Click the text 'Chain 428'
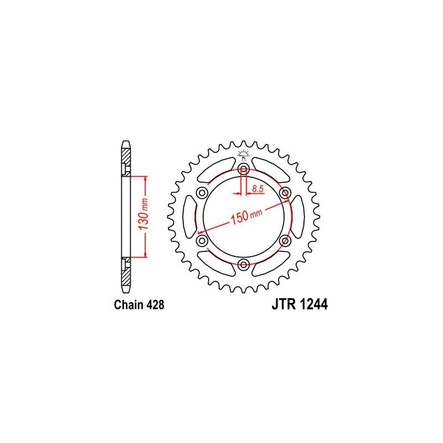139,305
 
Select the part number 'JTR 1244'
300,305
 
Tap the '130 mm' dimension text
145,214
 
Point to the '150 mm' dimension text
246,215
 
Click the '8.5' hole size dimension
258,189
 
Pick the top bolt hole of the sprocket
243,170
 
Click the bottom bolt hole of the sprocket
243,265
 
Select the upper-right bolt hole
285,193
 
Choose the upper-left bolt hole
202,193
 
